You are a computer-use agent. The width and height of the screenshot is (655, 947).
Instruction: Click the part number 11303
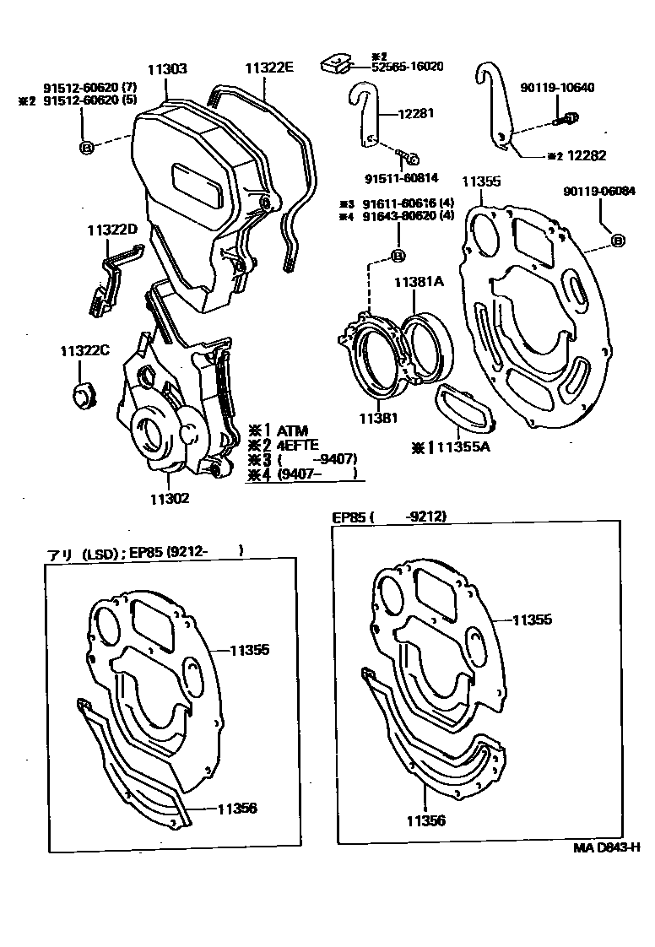167,70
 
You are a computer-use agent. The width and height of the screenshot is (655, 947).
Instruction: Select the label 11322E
269,69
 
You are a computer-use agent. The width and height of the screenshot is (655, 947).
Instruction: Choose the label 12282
587,156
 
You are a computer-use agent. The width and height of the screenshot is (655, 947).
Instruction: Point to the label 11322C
84,350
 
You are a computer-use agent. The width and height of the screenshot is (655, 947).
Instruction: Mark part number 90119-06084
600,192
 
